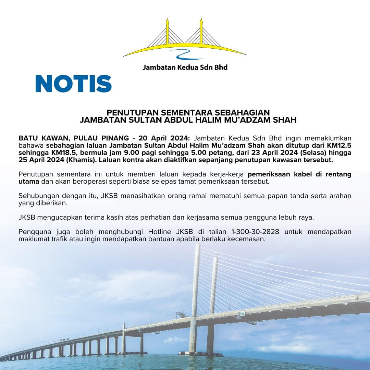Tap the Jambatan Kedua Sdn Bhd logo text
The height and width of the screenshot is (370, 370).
tap(185, 67)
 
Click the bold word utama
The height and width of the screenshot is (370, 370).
tap(29, 181)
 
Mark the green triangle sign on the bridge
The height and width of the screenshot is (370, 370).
tap(243, 313)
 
